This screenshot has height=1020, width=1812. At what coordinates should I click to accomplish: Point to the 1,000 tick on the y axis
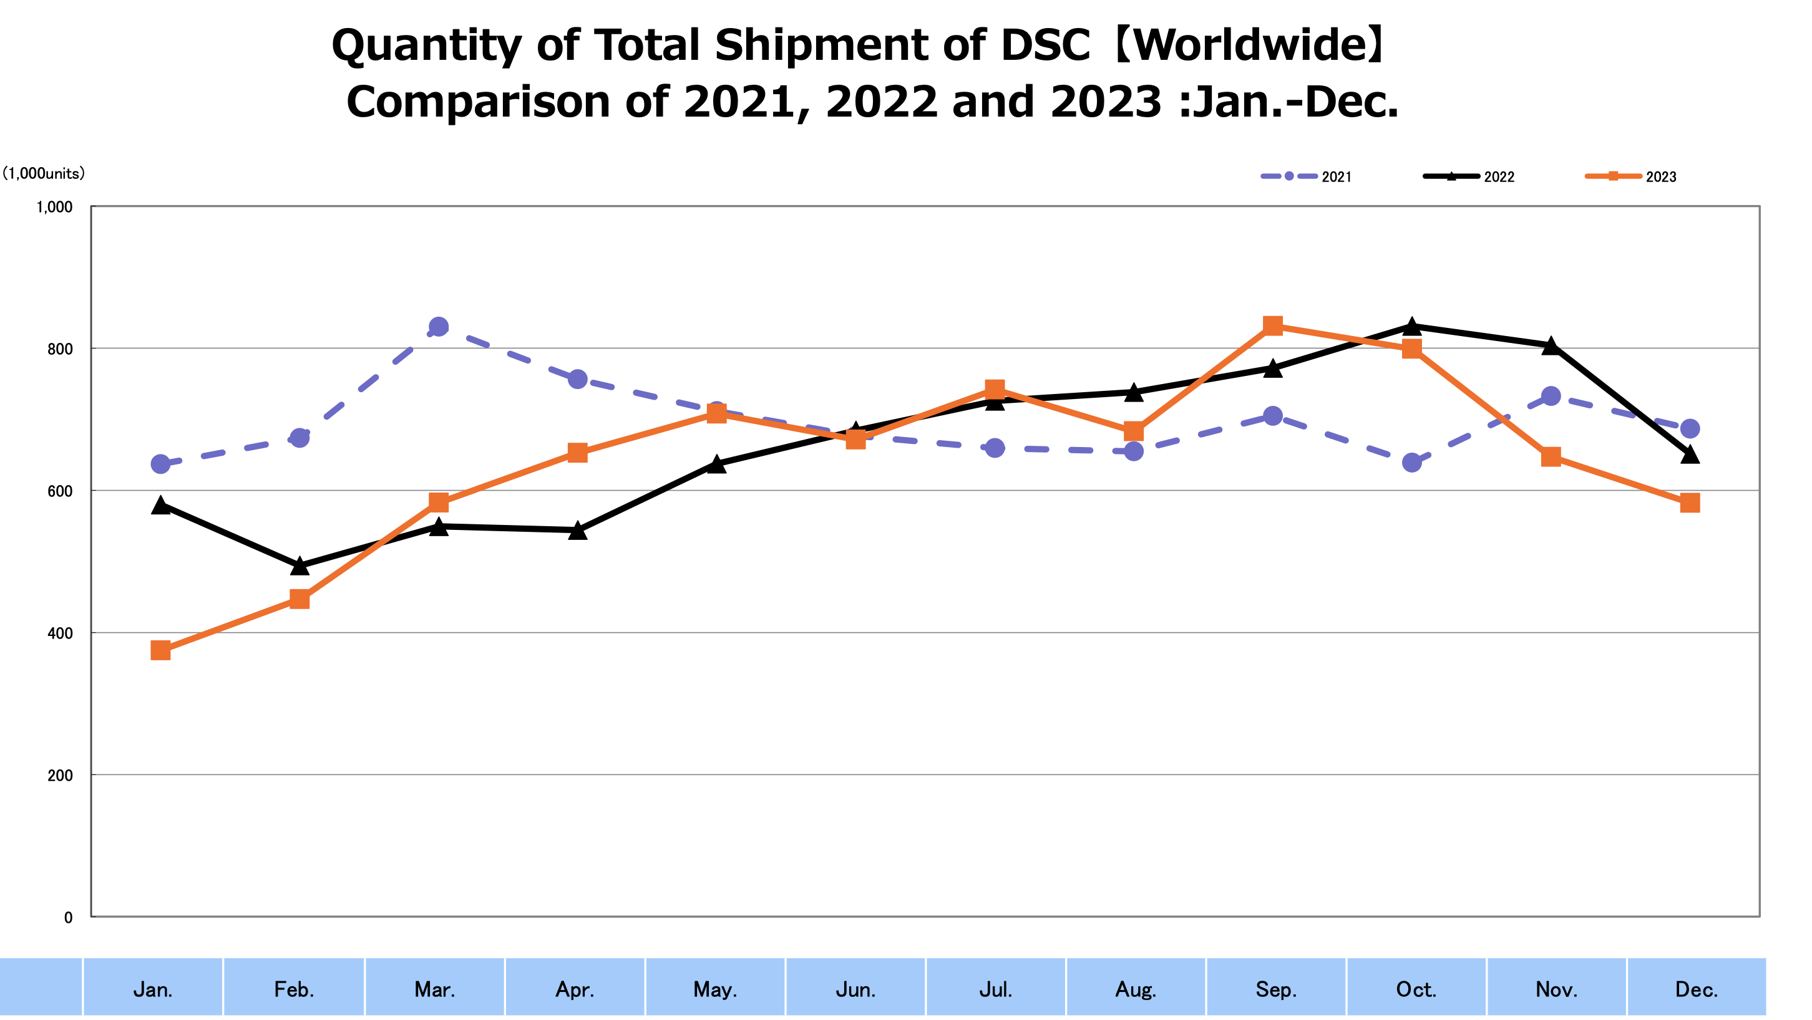click(x=55, y=206)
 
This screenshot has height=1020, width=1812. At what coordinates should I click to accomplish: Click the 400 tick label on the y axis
click(x=60, y=633)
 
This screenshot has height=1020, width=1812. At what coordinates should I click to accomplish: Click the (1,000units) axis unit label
click(x=43, y=173)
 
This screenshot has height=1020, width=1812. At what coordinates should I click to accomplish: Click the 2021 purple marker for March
click(x=438, y=327)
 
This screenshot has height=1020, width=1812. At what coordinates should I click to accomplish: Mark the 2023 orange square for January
click(x=160, y=650)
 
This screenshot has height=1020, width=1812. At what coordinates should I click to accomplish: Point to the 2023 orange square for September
click(x=1272, y=325)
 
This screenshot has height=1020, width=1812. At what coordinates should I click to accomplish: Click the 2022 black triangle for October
click(x=1412, y=326)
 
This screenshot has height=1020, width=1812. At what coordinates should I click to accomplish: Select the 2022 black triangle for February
click(x=300, y=565)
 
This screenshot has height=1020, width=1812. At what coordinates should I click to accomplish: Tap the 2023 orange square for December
click(x=1690, y=503)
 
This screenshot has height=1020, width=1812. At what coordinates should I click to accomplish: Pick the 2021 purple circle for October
click(x=1412, y=463)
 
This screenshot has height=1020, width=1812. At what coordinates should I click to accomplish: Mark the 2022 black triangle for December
click(x=1690, y=455)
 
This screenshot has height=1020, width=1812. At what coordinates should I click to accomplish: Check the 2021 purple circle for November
click(x=1551, y=397)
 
